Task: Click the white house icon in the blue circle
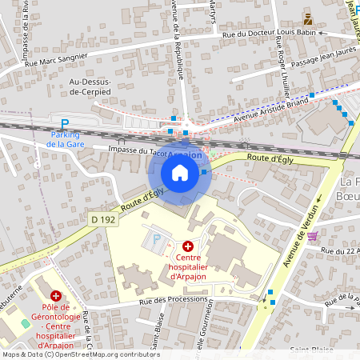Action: tap(180, 172)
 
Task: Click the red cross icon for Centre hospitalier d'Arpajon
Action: tap(188, 246)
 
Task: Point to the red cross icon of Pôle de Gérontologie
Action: tap(56, 295)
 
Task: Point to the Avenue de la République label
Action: tap(178, 38)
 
